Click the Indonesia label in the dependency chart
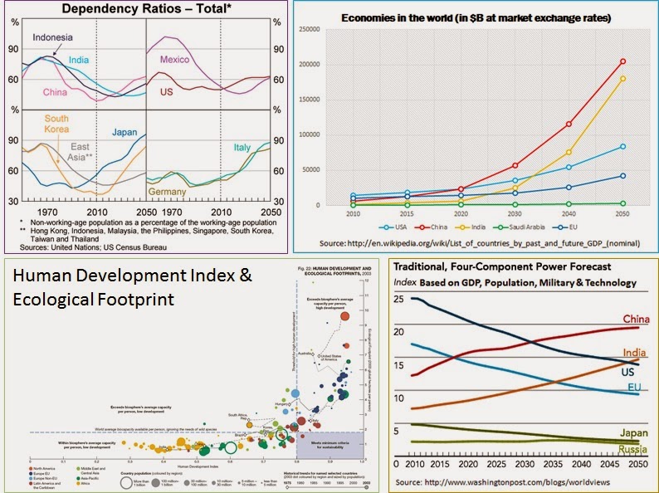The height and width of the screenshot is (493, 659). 52,37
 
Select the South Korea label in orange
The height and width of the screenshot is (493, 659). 56,124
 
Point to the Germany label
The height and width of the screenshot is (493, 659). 169,192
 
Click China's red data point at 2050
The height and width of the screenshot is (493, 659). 622,61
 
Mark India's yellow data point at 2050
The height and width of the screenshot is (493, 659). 622,79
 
